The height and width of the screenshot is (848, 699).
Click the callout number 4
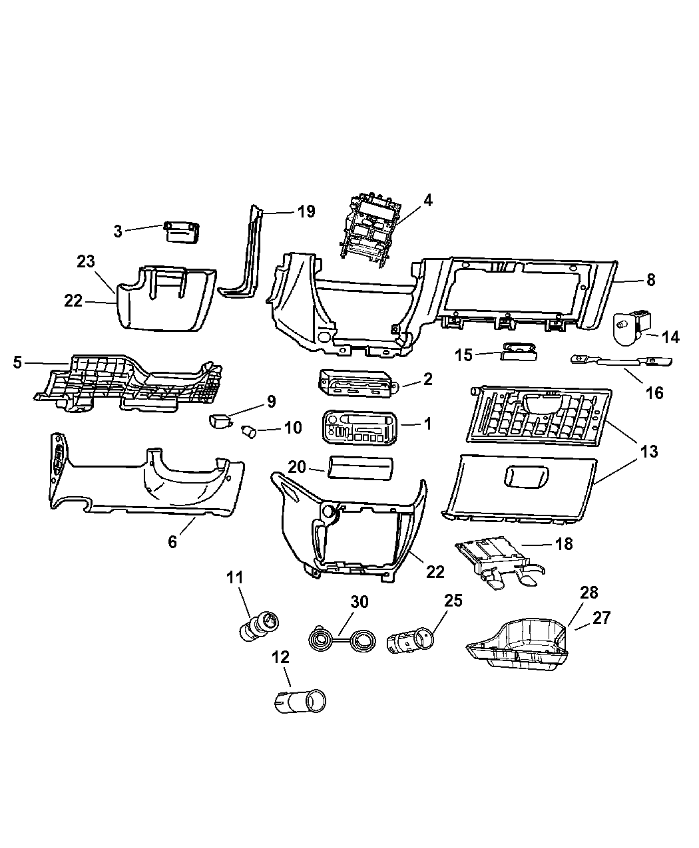pyautogui.click(x=428, y=200)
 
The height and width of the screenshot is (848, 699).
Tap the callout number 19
pyautogui.click(x=306, y=212)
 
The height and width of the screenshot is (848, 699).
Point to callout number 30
pyautogui.click(x=359, y=602)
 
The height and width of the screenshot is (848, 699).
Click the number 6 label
pyautogui.click(x=173, y=542)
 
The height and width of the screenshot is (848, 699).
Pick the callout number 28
pyautogui.click(x=589, y=593)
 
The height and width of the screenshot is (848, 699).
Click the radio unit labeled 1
pyautogui.click(x=359, y=426)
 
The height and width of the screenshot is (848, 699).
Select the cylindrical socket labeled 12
pyautogui.click(x=302, y=701)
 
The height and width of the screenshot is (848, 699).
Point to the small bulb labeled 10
pyautogui.click(x=250, y=432)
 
